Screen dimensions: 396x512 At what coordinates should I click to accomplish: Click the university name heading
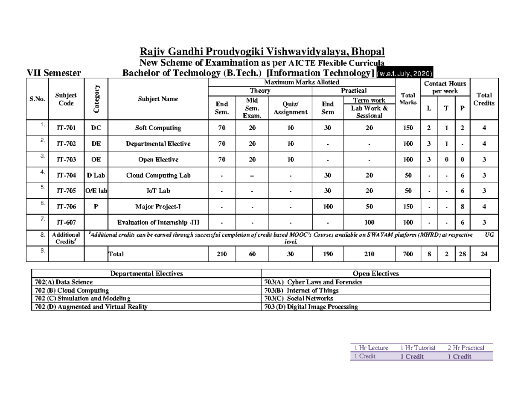tap(262, 52)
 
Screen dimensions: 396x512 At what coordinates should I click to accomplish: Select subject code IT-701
tap(66, 128)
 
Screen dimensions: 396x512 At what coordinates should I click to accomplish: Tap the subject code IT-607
tap(66, 223)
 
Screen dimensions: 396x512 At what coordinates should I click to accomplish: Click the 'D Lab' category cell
tap(96, 175)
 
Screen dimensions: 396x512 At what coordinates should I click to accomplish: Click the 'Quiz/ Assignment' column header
tap(290, 109)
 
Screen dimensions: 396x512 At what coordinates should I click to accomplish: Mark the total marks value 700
tap(407, 254)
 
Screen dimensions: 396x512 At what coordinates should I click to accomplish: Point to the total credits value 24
tap(484, 254)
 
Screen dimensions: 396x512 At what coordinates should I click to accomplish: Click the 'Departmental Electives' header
tap(146, 274)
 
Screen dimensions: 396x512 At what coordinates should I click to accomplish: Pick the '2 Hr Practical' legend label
tap(466, 348)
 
